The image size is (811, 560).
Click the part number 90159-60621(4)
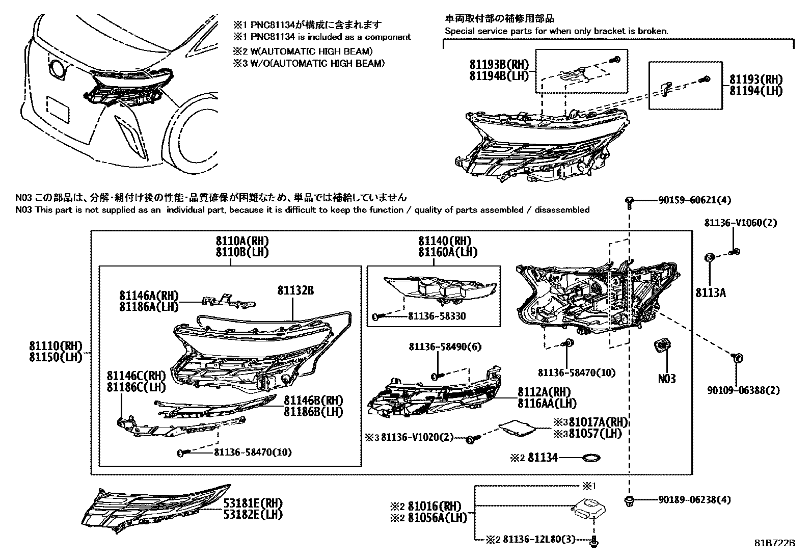pos(688,201)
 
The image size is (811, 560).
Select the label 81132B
pos(295,290)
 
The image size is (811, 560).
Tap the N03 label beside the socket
pos(667,379)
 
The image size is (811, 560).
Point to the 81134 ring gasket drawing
pos(590,458)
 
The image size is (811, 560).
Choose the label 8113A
pos(711,292)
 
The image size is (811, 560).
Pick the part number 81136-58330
pos(437,316)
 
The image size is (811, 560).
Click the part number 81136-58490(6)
pos(445,346)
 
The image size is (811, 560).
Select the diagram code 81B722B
pos(774,543)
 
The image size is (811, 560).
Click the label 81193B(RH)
pos(499,65)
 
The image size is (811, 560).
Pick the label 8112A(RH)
pos(544,392)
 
